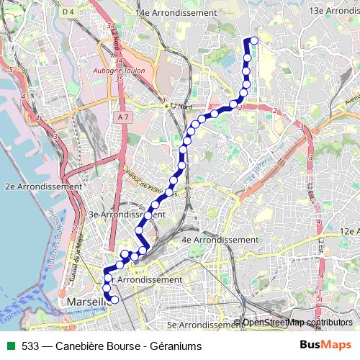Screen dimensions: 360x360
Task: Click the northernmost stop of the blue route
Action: tap(253, 40)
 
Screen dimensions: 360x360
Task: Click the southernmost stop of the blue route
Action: tap(114, 300)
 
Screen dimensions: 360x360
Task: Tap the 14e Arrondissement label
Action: tap(176, 13)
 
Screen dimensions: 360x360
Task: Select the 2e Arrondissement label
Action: tap(44, 186)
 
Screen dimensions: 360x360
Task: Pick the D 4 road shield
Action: tap(68, 12)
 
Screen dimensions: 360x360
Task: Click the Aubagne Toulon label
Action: tap(119, 71)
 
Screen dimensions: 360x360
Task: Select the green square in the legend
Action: tap(9, 346)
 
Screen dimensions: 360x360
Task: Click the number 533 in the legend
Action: tap(30, 346)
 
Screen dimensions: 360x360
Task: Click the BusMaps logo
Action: tap(325, 345)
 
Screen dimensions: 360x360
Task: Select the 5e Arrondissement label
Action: tap(201, 325)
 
